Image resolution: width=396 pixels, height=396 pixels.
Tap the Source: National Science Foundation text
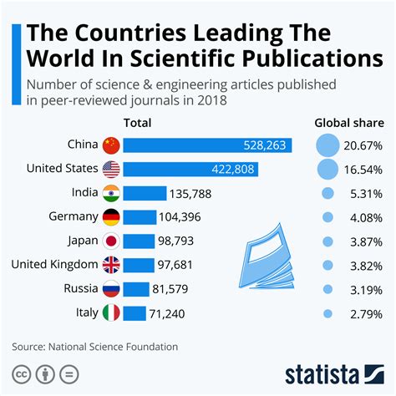(94, 346)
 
